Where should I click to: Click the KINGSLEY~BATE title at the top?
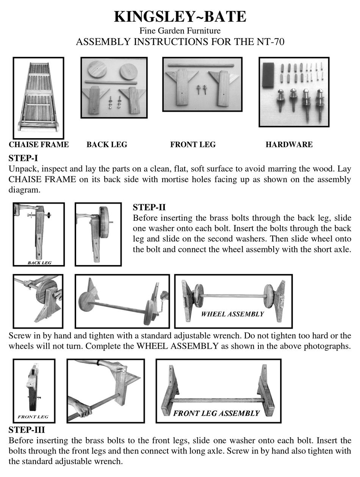coord(180,17)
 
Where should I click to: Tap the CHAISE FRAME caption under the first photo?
coord(39,144)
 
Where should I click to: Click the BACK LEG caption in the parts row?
coord(106,144)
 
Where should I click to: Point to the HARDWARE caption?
coord(289,144)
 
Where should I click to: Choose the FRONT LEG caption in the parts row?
coord(193,144)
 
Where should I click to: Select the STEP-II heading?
coord(149,207)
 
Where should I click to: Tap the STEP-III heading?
coord(27,430)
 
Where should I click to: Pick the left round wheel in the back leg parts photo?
coord(97,70)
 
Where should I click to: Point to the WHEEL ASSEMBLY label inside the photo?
coord(232,314)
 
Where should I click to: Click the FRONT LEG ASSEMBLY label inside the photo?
coord(216,413)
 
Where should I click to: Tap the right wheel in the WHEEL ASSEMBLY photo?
coord(269,296)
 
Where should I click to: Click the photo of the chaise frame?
coord(38,98)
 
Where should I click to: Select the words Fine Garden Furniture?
coord(180,31)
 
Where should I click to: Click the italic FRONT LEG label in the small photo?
coord(33,417)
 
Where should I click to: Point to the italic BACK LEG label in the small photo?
coord(39,262)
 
